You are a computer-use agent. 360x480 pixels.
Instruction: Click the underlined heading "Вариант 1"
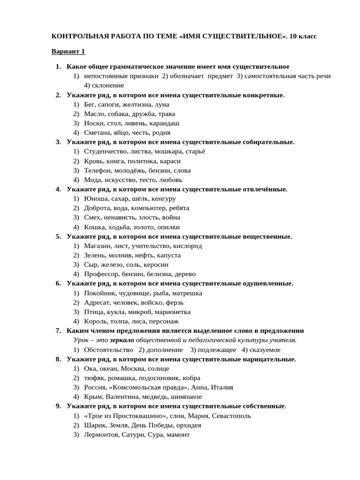[67, 51]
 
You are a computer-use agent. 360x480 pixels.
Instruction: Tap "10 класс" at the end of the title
[303, 36]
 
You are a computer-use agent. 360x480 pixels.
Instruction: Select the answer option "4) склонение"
[104, 85]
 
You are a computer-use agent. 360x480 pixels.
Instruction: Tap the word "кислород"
[187, 246]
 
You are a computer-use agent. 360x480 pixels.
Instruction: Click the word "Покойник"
[100, 293]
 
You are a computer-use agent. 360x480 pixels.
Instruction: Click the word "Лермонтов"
[101, 435]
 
